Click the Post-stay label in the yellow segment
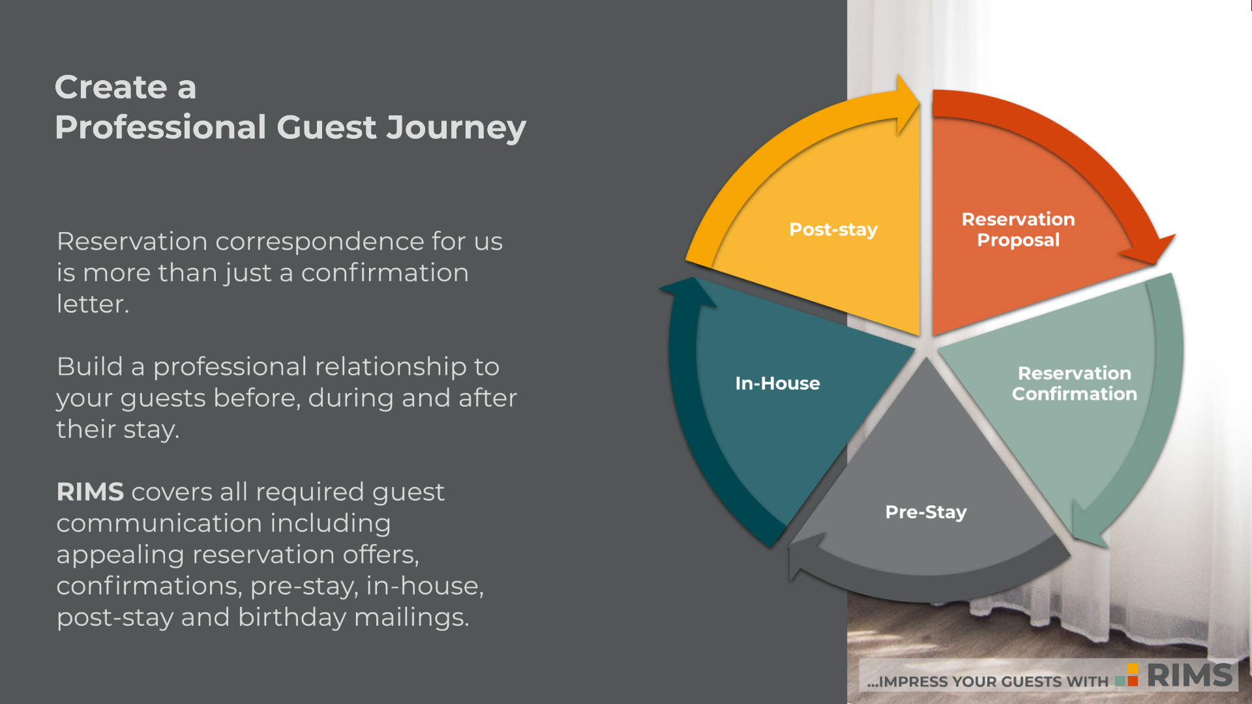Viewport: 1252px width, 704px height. click(x=833, y=229)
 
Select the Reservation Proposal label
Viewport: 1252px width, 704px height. click(x=1018, y=229)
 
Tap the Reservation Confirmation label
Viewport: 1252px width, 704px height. click(x=1074, y=383)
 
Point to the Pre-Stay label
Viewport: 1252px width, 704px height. click(x=925, y=512)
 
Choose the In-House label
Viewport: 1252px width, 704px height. click(x=777, y=383)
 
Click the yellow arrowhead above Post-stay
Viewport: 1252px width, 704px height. click(x=906, y=104)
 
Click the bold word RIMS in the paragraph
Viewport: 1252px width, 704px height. click(x=90, y=492)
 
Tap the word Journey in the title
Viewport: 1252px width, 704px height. click(x=456, y=128)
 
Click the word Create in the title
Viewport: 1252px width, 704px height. click(x=111, y=87)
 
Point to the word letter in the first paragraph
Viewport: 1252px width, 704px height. click(x=93, y=304)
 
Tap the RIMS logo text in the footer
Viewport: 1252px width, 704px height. click(x=1190, y=675)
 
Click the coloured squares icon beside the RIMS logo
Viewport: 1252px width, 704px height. click(x=1127, y=675)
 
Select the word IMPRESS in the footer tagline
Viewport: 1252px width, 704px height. click(x=914, y=682)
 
